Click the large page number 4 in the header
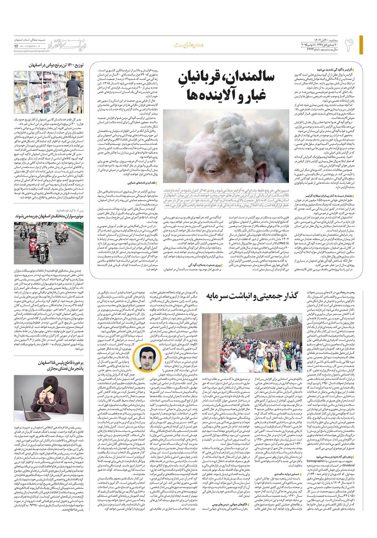349,45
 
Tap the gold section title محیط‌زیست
188,45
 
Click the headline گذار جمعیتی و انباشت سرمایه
252,296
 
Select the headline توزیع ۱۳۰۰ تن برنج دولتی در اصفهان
56,65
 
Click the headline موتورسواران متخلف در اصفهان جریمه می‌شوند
49,216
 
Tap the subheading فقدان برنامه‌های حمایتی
141,183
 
